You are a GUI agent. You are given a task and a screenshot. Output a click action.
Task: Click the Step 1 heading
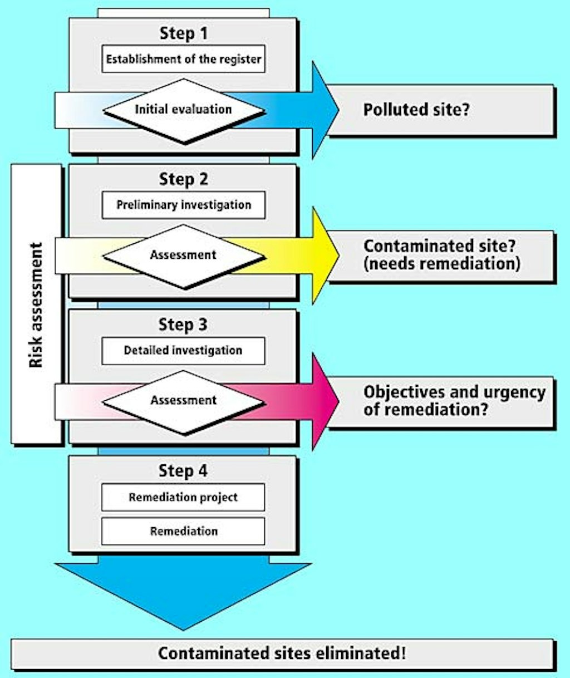(183, 33)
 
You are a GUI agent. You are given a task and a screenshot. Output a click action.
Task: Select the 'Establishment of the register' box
(183, 59)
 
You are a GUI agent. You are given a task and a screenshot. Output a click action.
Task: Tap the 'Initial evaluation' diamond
(183, 109)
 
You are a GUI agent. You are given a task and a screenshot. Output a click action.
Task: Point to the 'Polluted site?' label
(416, 109)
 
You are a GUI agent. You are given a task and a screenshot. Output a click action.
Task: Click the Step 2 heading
(183, 179)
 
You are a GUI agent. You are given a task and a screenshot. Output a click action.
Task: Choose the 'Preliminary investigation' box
(183, 205)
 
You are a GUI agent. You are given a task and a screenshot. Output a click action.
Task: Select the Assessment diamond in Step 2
(183, 256)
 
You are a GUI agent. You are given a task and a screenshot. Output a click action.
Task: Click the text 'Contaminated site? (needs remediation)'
(442, 254)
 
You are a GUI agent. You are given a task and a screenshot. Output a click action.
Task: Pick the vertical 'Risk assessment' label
(36, 304)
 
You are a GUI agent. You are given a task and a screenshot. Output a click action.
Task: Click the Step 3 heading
(183, 325)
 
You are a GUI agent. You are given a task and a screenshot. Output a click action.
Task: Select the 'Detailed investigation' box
(183, 351)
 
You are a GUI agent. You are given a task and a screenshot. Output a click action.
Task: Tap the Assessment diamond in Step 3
(183, 401)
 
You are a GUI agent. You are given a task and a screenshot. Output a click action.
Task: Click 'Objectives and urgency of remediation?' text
(454, 400)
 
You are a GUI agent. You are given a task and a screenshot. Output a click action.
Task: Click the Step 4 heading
(183, 471)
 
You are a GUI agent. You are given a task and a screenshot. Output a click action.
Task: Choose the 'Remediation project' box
(183, 497)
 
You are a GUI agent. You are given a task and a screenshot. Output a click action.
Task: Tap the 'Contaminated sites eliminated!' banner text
(282, 653)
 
